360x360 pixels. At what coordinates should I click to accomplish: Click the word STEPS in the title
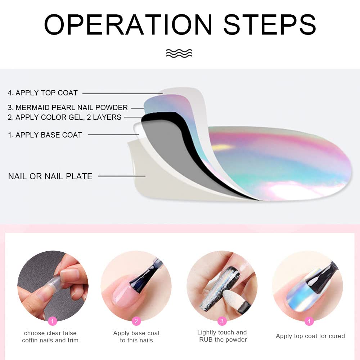[270, 25]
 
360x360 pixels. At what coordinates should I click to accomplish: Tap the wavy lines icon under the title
[179, 53]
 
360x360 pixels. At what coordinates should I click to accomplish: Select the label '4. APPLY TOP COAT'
[42, 93]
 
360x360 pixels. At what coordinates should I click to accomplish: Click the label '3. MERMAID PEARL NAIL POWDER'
[68, 108]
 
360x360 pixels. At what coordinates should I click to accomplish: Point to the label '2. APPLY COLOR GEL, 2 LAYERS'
[64, 117]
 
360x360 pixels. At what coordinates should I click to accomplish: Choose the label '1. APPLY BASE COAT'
[45, 135]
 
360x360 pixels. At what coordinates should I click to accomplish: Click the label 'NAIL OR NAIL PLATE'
[50, 176]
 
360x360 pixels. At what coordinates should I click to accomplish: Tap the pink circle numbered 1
[52, 321]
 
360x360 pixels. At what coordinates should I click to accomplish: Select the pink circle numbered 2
[136, 321]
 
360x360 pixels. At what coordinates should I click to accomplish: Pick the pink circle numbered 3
[222, 321]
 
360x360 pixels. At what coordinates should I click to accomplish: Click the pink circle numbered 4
[309, 321]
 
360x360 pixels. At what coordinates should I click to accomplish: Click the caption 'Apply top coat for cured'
[310, 336]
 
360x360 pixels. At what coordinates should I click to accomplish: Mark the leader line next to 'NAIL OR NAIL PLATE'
[122, 176]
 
